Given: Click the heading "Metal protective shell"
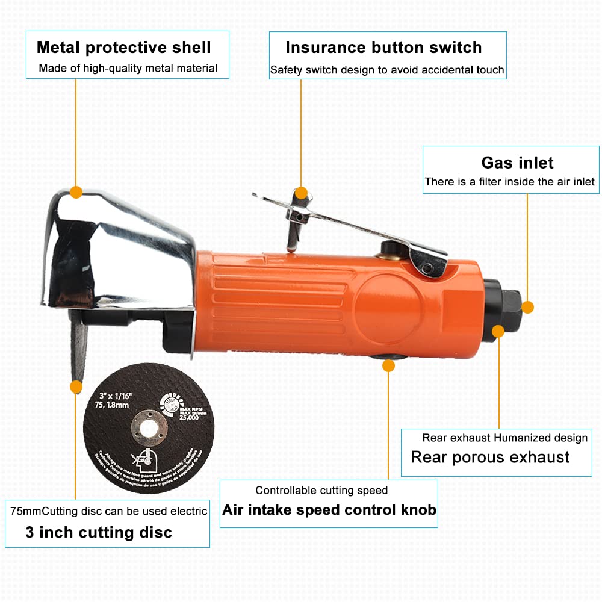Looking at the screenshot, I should [x=124, y=47].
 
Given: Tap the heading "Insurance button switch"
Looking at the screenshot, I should [x=383, y=48].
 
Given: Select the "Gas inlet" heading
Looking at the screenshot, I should [x=517, y=163].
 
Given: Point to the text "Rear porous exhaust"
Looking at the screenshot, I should [x=490, y=457].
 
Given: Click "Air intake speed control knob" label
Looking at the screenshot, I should [x=329, y=510].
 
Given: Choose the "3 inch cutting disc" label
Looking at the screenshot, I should [x=99, y=532].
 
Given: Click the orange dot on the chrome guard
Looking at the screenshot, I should [x=76, y=193].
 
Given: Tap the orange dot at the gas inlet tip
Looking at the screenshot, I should [x=527, y=307].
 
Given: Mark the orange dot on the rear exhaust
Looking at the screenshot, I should [x=498, y=330].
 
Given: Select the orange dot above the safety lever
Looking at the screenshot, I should [x=302, y=194].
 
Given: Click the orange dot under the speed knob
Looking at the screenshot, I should [x=388, y=364].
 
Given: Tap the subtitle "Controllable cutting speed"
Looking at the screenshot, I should [x=321, y=491].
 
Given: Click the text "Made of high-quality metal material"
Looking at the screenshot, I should [x=128, y=68].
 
